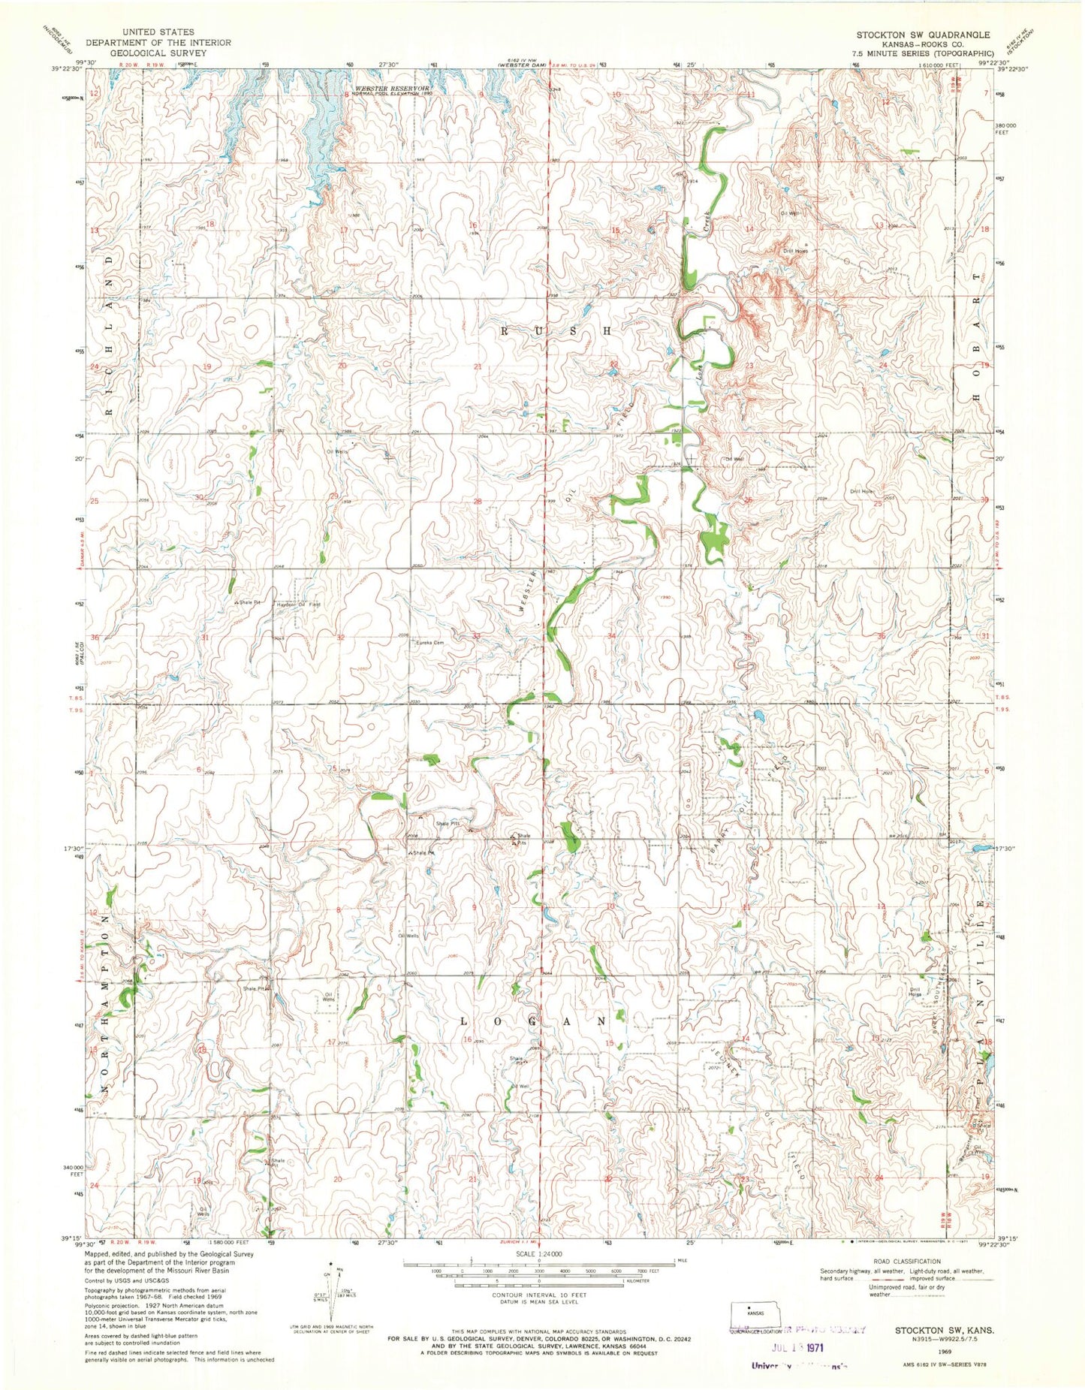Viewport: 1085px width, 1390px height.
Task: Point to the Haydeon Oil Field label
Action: [x=299, y=604]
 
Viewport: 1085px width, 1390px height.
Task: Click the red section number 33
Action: [x=476, y=637]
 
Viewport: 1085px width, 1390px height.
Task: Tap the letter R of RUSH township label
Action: [x=505, y=330]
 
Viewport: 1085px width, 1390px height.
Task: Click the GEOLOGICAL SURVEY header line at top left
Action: [x=140, y=53]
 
